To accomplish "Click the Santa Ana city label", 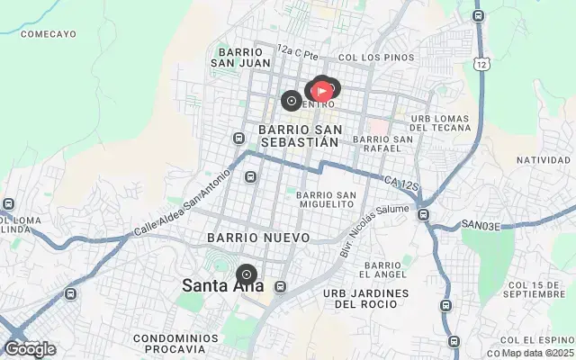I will point(223,286).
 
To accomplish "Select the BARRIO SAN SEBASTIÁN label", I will point(298,136).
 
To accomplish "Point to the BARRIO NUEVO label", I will point(258,238).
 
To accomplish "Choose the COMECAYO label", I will point(47,34).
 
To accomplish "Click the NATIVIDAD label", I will point(544,160).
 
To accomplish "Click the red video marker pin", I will point(321,90).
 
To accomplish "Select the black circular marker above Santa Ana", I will point(247,274).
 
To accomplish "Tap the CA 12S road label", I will point(401,184).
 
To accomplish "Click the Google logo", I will point(30,349).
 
